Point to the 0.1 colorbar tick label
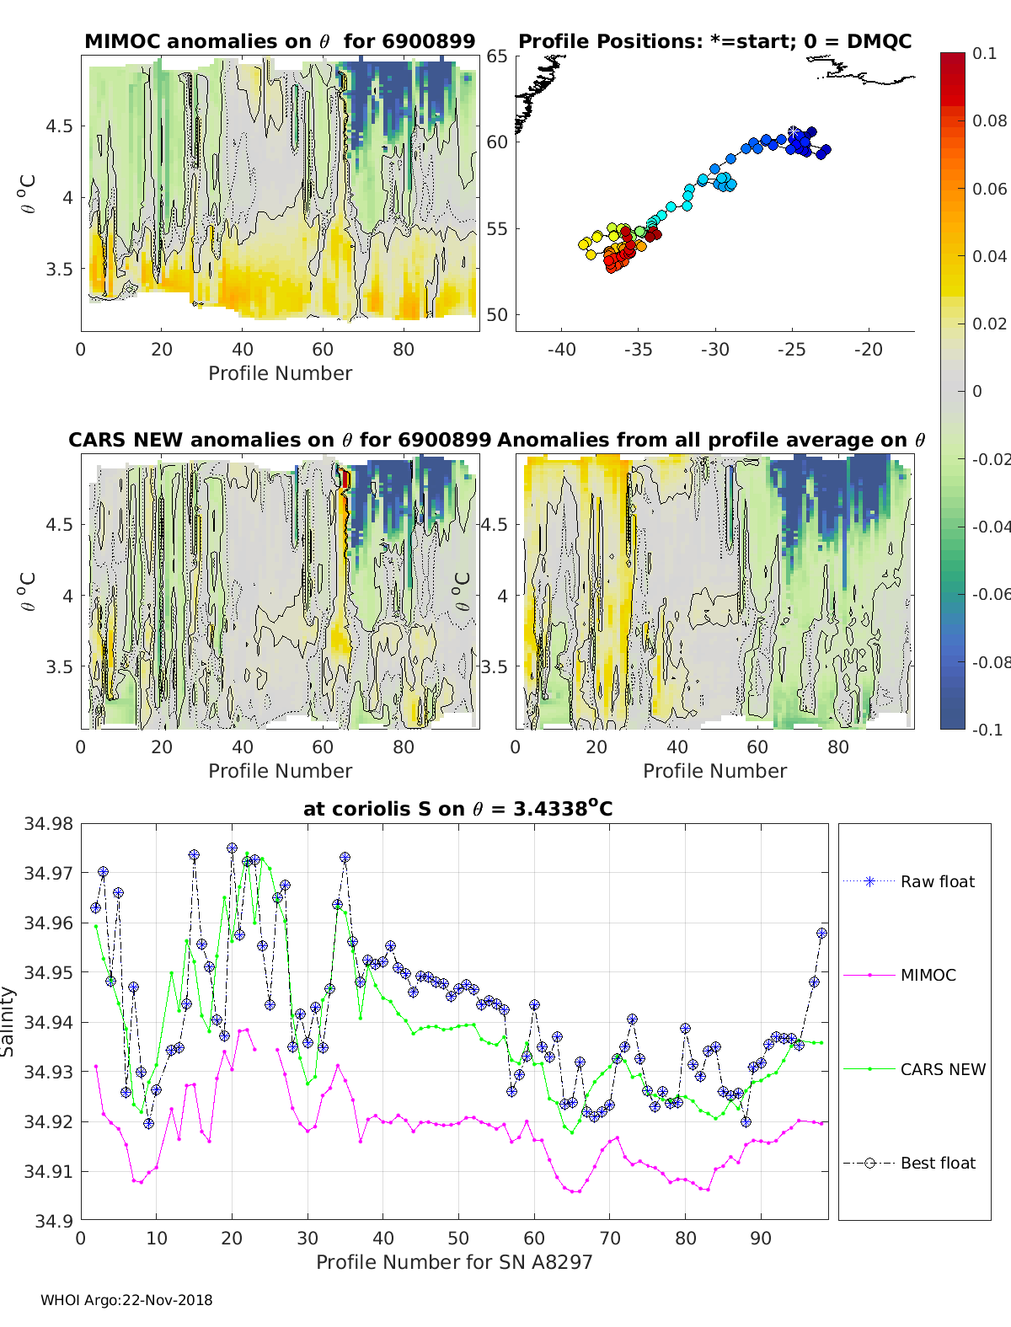[x=984, y=53]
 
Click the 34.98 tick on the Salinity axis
[x=48, y=824]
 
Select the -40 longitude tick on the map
[x=561, y=350]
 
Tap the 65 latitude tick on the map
[x=497, y=56]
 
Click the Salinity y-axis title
[x=8, y=1022]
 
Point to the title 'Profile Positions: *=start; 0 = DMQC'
[x=714, y=41]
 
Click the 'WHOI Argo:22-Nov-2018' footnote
[x=126, y=1300]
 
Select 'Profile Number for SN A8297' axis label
[x=454, y=1261]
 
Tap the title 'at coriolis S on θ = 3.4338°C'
[x=457, y=809]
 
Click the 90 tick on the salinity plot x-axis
[x=761, y=1238]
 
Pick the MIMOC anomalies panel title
[x=280, y=41]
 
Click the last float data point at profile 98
[x=821, y=934]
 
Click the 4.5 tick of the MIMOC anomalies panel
[x=60, y=126]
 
